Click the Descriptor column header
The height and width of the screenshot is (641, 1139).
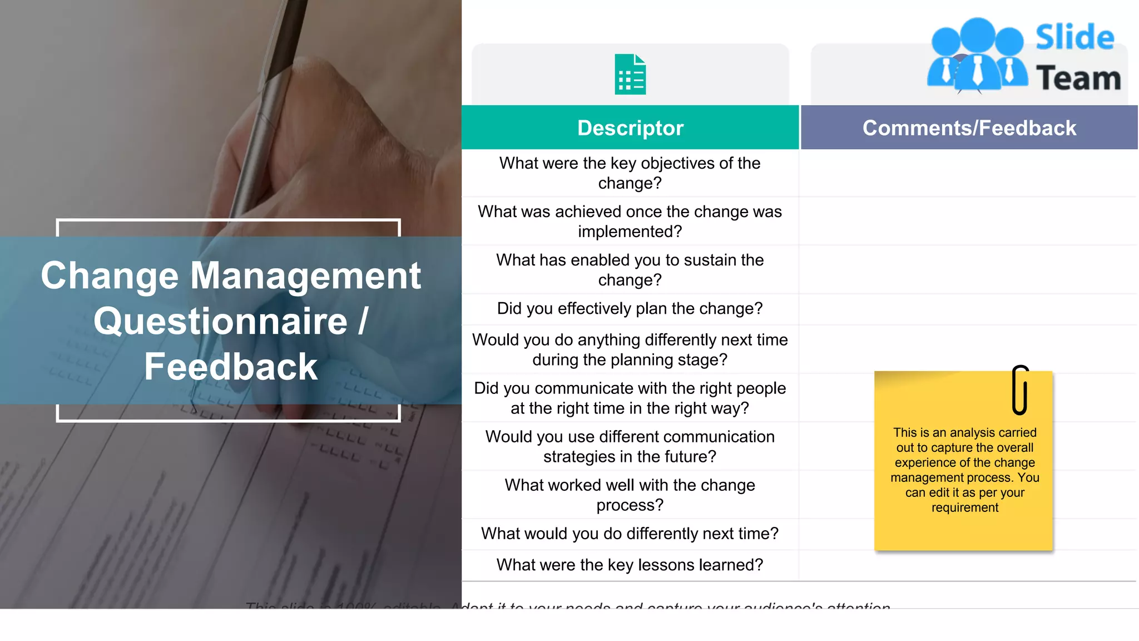point(630,128)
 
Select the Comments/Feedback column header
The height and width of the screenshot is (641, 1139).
point(969,128)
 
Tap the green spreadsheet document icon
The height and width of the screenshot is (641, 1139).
point(630,75)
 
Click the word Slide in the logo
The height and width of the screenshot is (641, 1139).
point(1074,38)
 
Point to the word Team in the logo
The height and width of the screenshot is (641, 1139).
point(1078,78)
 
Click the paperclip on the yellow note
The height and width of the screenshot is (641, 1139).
point(1020,390)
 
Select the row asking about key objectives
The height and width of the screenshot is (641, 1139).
point(630,173)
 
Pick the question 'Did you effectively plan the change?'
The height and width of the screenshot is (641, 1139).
point(630,309)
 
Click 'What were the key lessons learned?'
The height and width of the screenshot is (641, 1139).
point(630,565)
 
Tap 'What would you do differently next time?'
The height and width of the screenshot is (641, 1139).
point(630,534)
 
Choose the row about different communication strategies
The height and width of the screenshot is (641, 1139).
point(630,446)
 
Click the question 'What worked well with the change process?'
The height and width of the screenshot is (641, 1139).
point(630,495)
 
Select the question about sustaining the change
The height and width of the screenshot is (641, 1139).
point(630,270)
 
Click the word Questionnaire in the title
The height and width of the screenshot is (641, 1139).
point(220,322)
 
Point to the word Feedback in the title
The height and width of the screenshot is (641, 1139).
point(231,367)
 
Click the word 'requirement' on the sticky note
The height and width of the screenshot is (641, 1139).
point(965,507)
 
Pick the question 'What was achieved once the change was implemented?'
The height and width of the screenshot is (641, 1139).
point(630,221)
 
